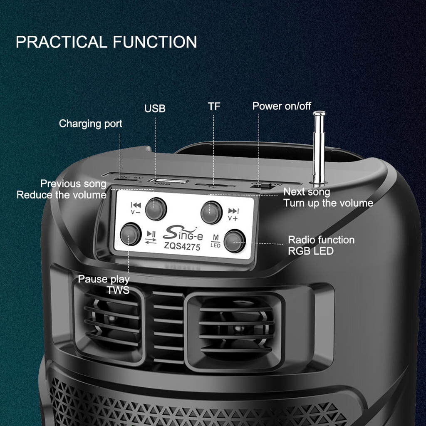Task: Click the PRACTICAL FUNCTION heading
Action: tap(106, 42)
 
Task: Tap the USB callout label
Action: tap(155, 109)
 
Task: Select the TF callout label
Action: tap(214, 106)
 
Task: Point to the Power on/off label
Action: tap(282, 106)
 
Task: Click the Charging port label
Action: tap(91, 124)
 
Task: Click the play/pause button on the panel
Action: tap(130, 234)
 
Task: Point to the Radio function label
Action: tap(321, 240)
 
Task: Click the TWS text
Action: tap(118, 290)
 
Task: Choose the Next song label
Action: tap(307, 192)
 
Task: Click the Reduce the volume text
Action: tap(62, 195)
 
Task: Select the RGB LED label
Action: tap(311, 251)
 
